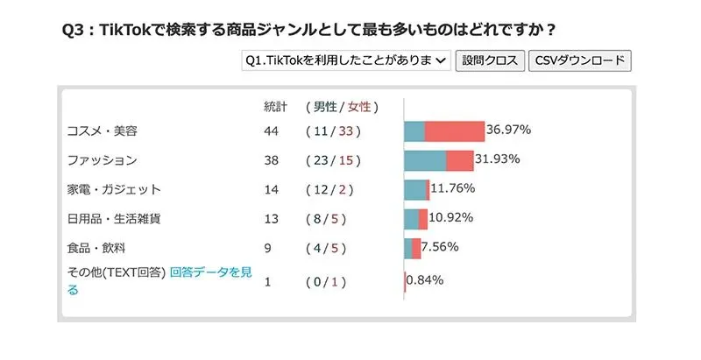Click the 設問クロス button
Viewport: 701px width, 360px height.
(490, 60)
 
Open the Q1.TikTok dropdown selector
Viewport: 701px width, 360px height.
(345, 60)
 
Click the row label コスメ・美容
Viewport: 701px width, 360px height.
(103, 131)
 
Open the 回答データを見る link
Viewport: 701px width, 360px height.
(210, 272)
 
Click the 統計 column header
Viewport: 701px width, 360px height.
(275, 107)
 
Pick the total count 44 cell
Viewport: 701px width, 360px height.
(271, 131)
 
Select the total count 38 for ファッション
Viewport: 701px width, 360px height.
(271, 160)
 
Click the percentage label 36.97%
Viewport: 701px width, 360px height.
(509, 130)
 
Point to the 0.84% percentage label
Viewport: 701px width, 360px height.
(425, 280)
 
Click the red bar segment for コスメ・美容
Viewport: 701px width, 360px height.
(455, 131)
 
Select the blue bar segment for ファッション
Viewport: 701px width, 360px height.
(425, 160)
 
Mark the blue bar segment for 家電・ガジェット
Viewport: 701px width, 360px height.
(414, 190)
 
